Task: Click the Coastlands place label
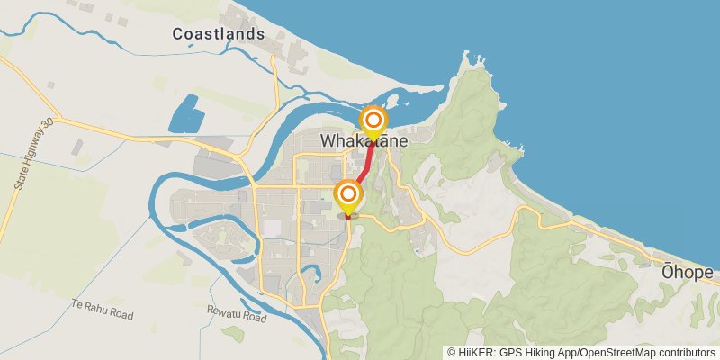pos(219,34)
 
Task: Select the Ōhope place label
pos(688,272)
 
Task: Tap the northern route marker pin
pos(373,121)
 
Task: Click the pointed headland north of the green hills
pos(465,56)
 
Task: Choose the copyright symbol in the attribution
pos(452,352)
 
